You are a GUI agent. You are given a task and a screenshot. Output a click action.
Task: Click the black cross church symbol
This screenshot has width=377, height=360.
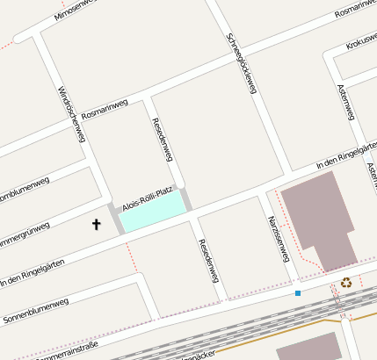[97, 225]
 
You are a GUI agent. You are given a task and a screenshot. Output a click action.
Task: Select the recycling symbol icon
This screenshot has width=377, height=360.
[346, 283]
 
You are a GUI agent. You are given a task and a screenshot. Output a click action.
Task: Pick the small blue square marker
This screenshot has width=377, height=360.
[298, 292]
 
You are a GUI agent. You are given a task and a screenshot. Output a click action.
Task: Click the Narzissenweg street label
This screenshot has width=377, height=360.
[279, 238]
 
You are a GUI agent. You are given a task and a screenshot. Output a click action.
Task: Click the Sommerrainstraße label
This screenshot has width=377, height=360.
[68, 352]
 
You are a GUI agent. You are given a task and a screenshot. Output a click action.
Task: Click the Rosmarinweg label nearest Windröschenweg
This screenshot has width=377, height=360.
[105, 110]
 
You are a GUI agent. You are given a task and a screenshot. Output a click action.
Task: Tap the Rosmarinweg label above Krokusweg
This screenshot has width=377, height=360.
[355, 9]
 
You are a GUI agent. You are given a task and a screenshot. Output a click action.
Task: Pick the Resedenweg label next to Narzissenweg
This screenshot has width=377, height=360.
[208, 260]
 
